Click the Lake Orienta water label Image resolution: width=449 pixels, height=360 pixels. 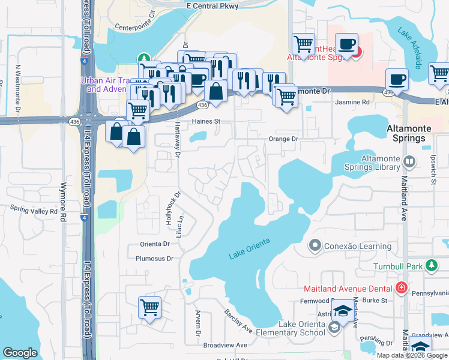coord(249,248)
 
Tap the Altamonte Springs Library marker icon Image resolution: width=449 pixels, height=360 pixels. coord(410,161)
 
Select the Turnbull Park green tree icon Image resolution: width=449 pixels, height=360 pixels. coord(430,265)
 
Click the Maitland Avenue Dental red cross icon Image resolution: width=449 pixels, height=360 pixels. coord(401,287)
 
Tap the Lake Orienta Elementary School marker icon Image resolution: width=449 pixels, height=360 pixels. coord(334,328)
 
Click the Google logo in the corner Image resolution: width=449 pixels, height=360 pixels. coord(20,353)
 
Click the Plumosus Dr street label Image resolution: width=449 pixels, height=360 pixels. coord(153,258)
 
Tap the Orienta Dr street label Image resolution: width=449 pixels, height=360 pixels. coord(155,244)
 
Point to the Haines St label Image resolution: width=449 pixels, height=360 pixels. coord(206,121)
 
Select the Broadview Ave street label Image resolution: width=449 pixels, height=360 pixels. coord(225,346)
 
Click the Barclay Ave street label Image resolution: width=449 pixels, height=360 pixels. coord(238,322)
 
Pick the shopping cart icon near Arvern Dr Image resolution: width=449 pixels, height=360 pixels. coord(150,307)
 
